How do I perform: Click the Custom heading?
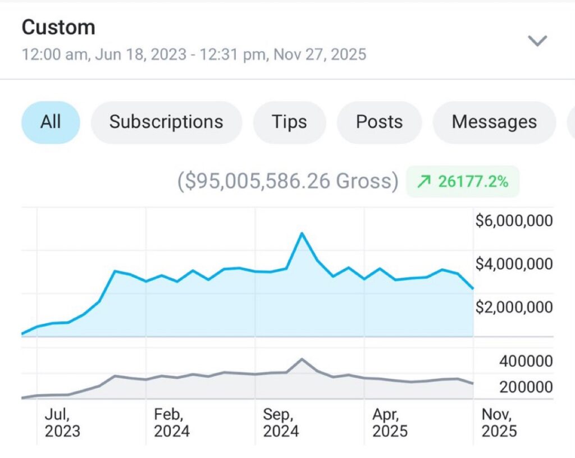point(58,27)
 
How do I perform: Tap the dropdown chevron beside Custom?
point(538,40)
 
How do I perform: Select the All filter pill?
point(51,122)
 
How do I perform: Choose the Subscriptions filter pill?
point(166,122)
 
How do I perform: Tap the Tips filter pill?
point(289,122)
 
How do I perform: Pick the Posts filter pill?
point(379,122)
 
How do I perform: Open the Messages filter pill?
point(494,122)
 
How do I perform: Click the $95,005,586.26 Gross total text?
point(288,182)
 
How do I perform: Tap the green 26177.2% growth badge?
point(463,182)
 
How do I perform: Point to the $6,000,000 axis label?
point(514,221)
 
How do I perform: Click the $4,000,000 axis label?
point(514,264)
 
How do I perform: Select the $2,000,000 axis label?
point(514,307)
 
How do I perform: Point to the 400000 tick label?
point(526,361)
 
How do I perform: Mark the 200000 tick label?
point(526,387)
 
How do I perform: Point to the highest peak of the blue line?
point(302,233)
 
